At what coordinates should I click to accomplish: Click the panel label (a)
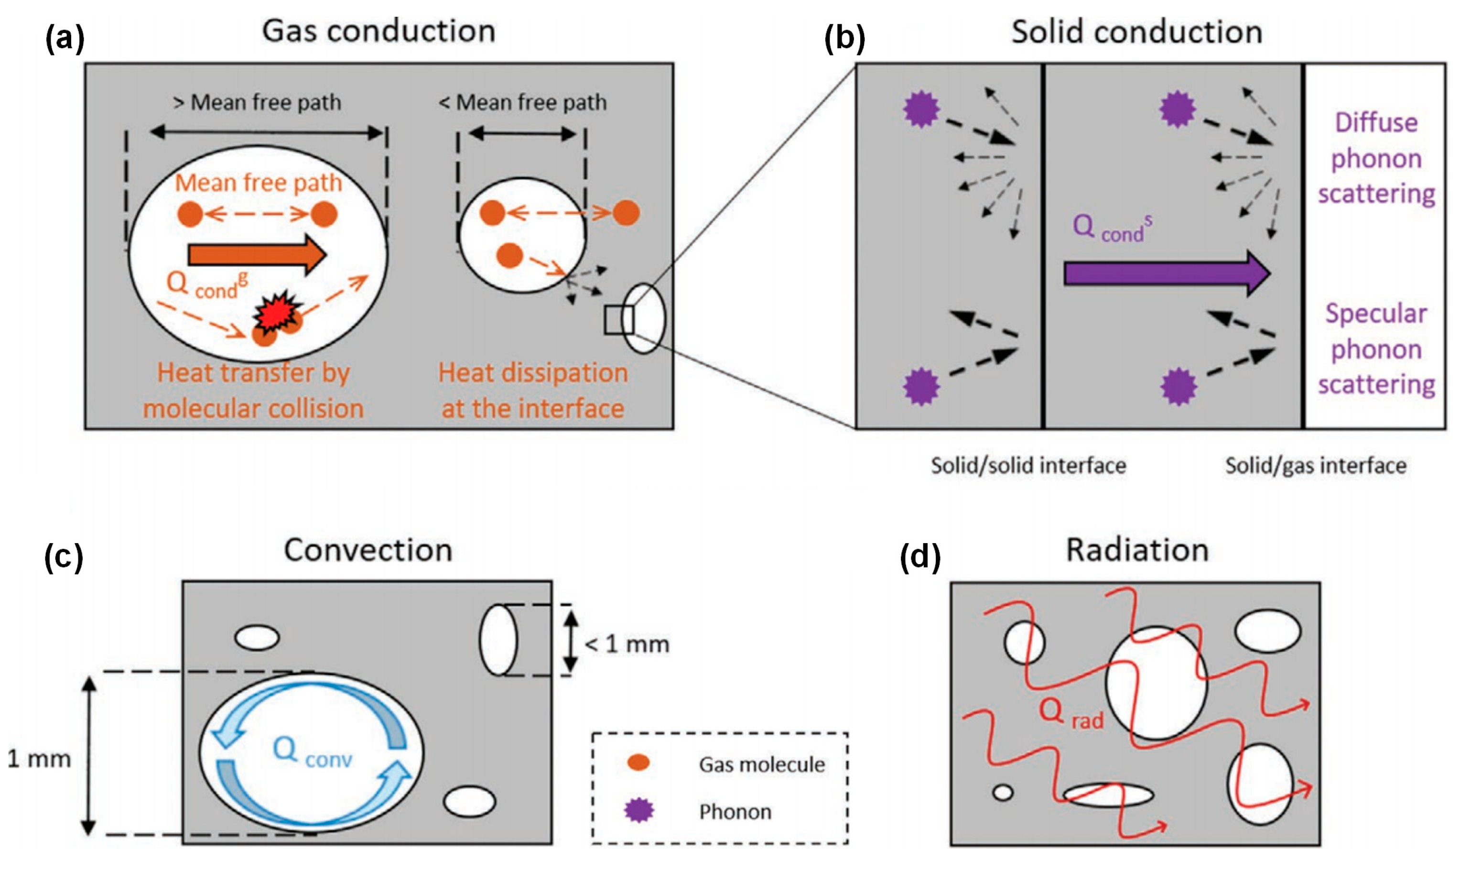(x=65, y=39)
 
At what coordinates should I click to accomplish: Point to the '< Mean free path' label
(x=522, y=103)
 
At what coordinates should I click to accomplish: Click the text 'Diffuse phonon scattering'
(x=1375, y=158)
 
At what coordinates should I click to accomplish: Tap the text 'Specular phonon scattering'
(x=1375, y=349)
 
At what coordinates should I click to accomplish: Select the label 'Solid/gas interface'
(x=1315, y=466)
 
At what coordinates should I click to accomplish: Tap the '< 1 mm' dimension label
(x=627, y=644)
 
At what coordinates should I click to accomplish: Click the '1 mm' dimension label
(x=39, y=759)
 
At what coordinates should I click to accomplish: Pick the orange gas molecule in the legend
(x=638, y=762)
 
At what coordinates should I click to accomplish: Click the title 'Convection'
(x=368, y=551)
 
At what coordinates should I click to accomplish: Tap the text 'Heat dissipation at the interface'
(x=532, y=390)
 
